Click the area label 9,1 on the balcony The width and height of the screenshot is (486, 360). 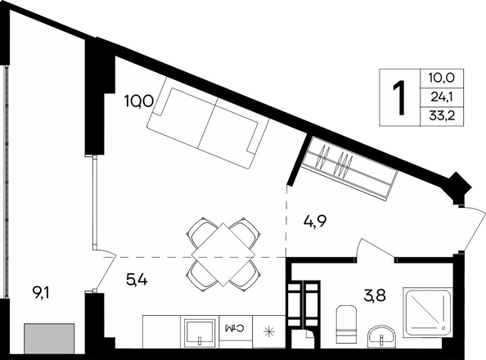40,292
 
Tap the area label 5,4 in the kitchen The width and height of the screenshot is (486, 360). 137,280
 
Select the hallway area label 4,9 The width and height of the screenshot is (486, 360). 316,222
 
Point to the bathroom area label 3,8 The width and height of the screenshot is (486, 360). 375,295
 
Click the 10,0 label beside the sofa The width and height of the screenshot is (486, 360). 138,101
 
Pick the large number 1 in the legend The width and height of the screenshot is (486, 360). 399,97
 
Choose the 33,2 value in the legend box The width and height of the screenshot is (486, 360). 442,116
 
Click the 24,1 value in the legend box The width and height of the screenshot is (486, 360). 442,97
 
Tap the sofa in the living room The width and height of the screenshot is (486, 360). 208,123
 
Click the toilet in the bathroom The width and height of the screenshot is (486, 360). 346,324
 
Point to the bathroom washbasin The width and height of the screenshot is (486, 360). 382,337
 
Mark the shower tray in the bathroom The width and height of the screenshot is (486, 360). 428,313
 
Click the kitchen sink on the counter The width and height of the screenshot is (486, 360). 200,331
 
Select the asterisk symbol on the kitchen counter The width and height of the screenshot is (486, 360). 268,332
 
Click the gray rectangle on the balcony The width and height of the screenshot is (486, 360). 49,339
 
